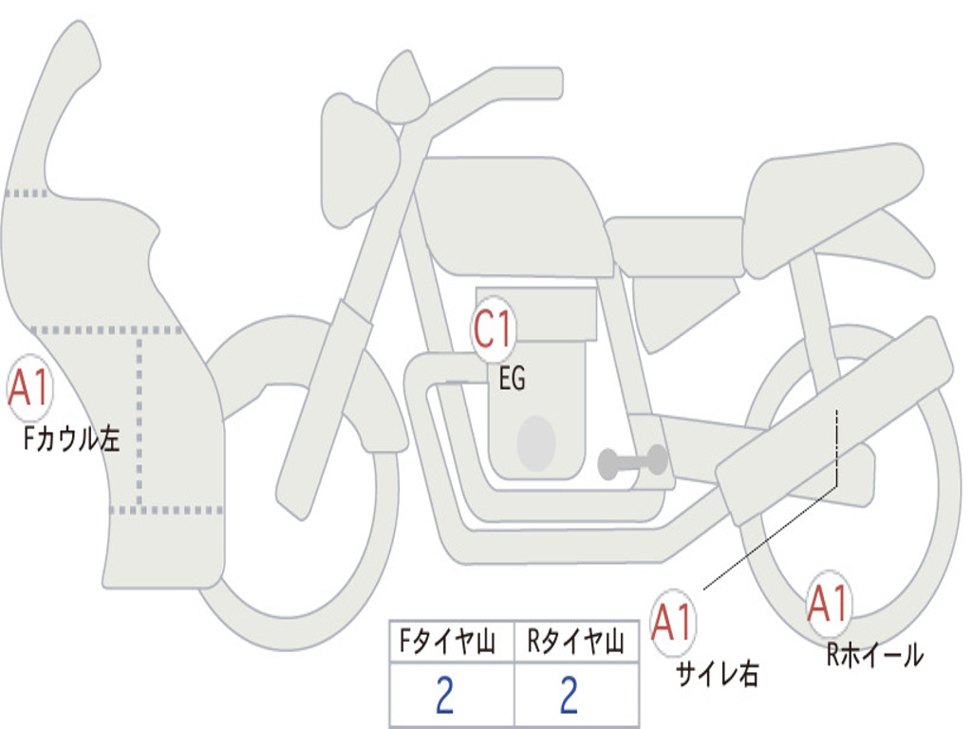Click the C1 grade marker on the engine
494,328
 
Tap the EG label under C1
512,378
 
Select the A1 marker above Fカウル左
29,388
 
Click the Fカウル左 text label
71,439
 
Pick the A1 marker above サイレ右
672,622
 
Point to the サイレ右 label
718,674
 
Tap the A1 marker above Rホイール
829,603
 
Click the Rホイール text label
875,655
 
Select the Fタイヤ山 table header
448,642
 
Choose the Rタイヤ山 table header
575,642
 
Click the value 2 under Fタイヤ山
445,695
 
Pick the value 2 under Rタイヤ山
570,695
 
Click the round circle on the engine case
536,443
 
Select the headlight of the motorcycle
360,161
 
